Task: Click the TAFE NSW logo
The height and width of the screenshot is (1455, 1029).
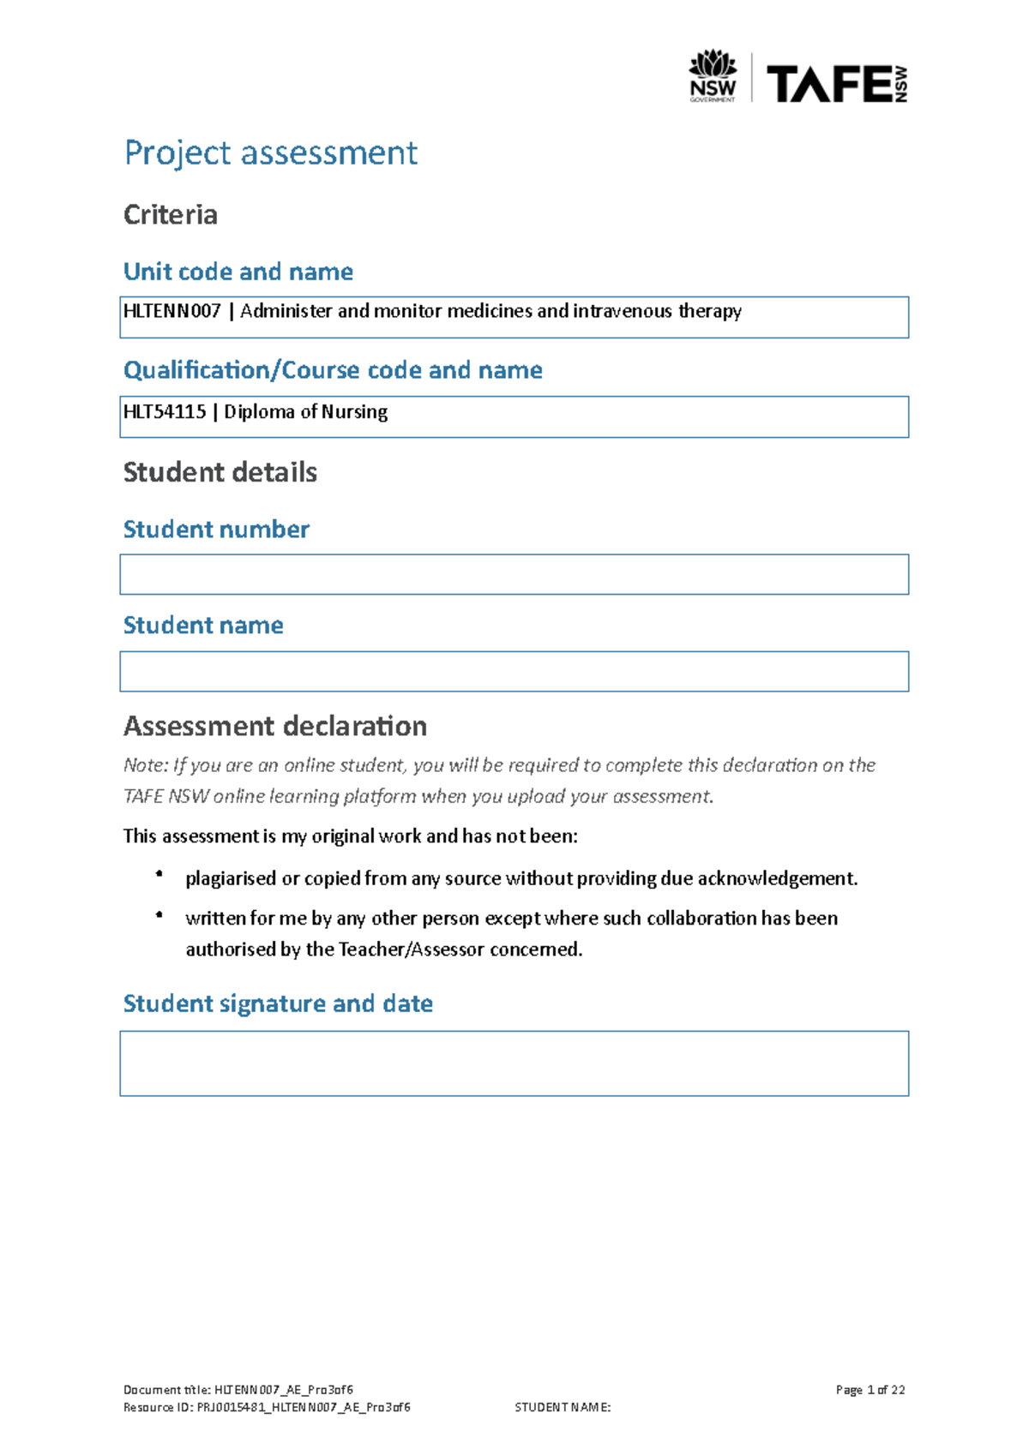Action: click(836, 84)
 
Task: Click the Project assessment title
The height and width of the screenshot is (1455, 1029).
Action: click(271, 153)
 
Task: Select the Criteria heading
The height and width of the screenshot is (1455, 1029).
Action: click(171, 214)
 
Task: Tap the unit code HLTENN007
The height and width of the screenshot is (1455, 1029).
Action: click(172, 311)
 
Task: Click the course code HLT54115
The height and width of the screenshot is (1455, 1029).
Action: click(165, 411)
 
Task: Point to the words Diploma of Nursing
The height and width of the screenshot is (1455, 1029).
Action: click(306, 411)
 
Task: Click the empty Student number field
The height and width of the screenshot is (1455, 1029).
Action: click(514, 574)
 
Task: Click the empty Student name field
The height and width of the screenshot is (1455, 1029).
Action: click(514, 671)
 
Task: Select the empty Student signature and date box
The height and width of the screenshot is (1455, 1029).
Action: click(514, 1063)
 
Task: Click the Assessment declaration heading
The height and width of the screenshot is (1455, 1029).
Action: click(275, 727)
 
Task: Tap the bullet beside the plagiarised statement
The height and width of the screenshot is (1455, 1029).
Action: click(159, 874)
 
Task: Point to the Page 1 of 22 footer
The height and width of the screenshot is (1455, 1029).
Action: click(870, 1390)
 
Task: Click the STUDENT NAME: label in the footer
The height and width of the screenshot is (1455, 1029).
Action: click(563, 1407)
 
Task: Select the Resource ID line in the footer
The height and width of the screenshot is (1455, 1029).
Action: click(267, 1407)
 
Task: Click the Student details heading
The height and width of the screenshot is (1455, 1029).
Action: click(220, 472)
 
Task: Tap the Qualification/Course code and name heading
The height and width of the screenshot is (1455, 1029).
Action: click(333, 370)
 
